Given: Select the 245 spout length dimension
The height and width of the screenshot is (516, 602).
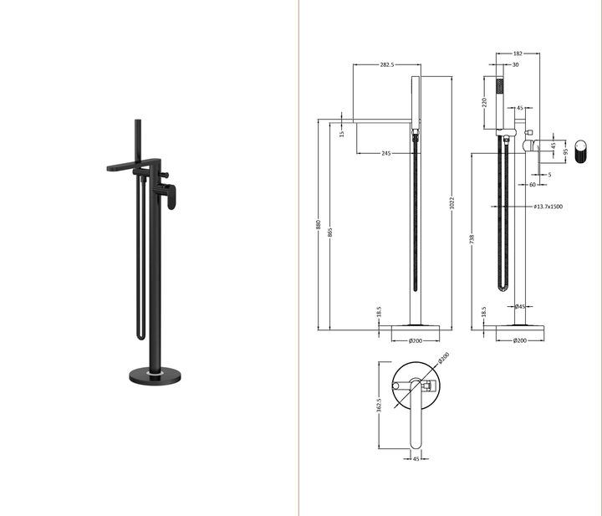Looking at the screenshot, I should [385, 153].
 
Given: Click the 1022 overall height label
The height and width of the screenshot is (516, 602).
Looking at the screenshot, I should [452, 207].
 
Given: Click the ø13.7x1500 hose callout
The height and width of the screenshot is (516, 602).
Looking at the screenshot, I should [548, 206].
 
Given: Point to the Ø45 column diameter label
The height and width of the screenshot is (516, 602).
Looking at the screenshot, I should [519, 306].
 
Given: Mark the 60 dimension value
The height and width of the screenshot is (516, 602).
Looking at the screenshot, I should [532, 185].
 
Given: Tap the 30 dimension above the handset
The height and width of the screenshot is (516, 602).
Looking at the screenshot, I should [514, 64].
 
